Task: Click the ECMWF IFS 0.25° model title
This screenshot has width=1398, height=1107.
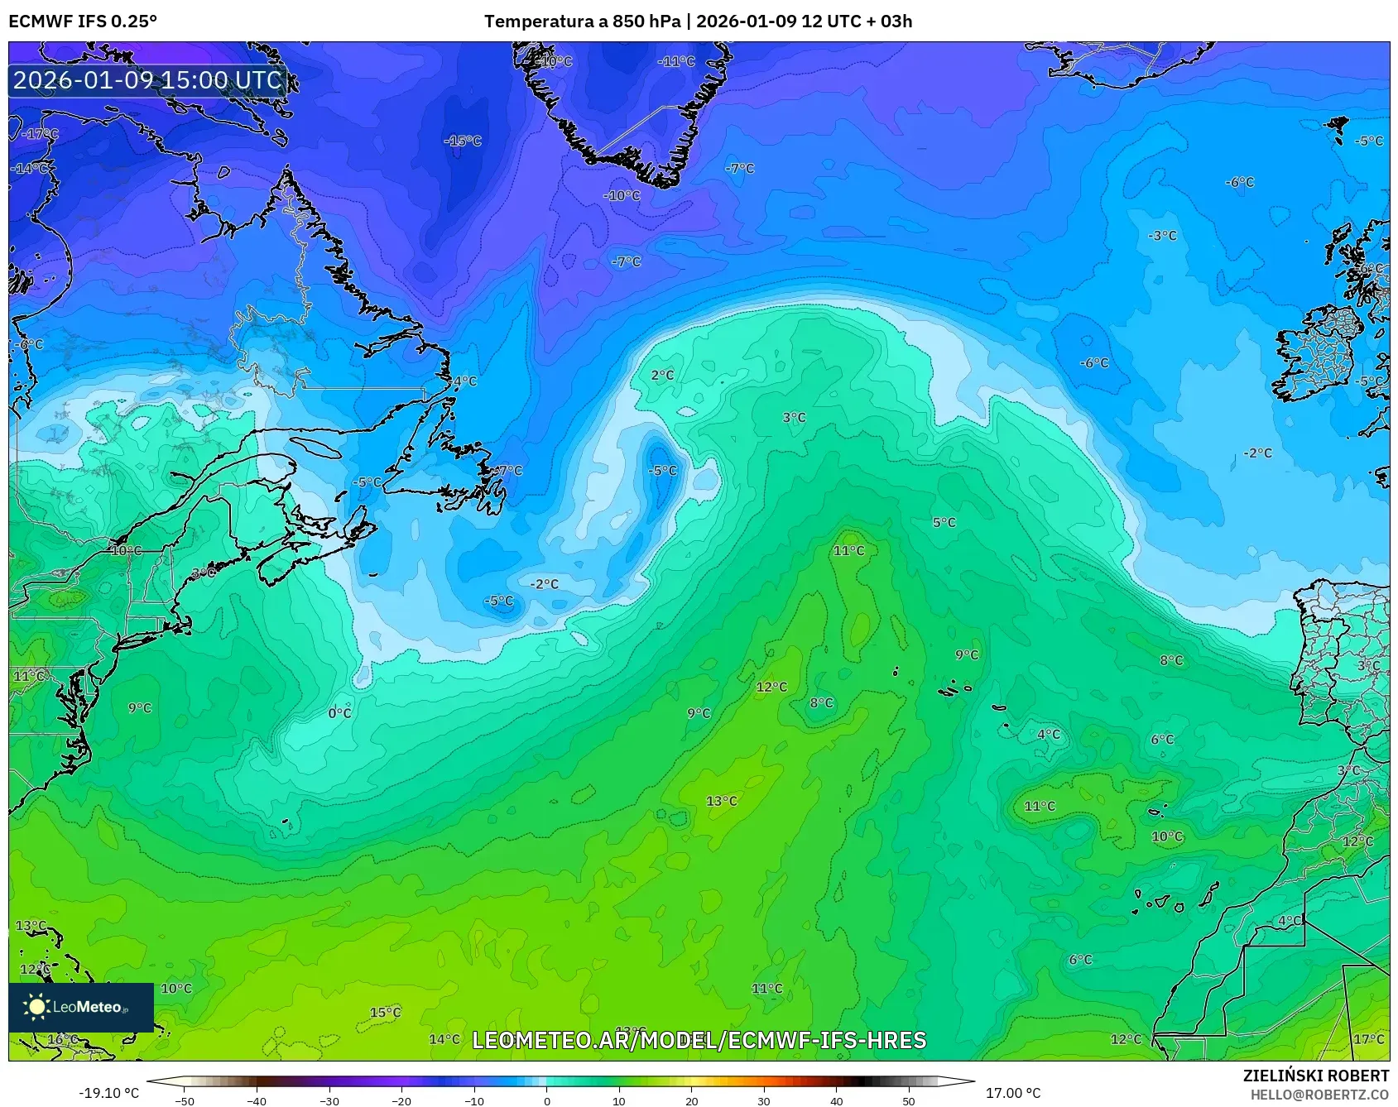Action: click(83, 22)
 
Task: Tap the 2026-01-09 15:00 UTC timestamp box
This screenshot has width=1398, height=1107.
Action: click(148, 80)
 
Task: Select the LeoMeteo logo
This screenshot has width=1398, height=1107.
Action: click(81, 1007)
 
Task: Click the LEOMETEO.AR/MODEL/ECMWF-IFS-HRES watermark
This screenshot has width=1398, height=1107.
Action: click(699, 1040)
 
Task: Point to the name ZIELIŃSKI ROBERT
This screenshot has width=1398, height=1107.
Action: click(1315, 1076)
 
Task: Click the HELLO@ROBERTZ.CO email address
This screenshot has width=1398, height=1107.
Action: click(1319, 1095)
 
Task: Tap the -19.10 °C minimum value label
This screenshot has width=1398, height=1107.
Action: click(109, 1093)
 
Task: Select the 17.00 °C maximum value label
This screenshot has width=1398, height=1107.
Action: click(1013, 1093)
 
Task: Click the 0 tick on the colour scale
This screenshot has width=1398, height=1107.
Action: click(546, 1100)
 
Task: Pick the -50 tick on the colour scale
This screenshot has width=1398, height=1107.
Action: click(185, 1100)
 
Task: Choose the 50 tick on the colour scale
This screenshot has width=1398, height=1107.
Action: click(909, 1100)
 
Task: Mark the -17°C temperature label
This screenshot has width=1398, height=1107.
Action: click(40, 134)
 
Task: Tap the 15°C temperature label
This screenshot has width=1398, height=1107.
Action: click(385, 1013)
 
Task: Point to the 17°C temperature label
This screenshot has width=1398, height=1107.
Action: click(1368, 1039)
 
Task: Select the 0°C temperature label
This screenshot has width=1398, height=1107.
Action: click(339, 713)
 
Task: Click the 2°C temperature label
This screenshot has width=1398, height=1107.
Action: click(662, 376)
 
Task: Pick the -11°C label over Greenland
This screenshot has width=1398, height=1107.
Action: click(676, 62)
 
